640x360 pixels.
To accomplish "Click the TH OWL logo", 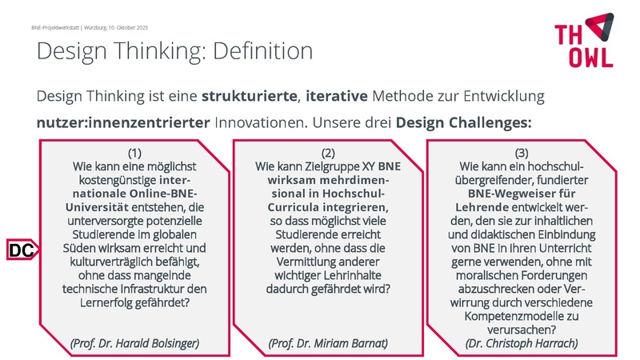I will pyautogui.click(x=584, y=40).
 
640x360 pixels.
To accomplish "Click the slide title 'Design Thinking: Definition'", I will pyautogui.click(x=174, y=50).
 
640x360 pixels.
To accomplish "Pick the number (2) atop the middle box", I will pyautogui.click(x=328, y=153).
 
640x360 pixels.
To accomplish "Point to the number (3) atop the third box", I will pyautogui.click(x=522, y=153).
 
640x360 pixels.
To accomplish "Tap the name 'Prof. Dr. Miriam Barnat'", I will pyautogui.click(x=328, y=343).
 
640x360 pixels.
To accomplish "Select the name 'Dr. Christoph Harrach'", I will pyautogui.click(x=522, y=343).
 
